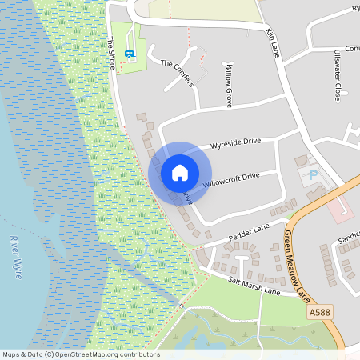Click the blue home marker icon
180,173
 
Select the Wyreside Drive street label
235,144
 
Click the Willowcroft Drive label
232,180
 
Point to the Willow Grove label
229,86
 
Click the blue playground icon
130,54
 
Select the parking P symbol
314,174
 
